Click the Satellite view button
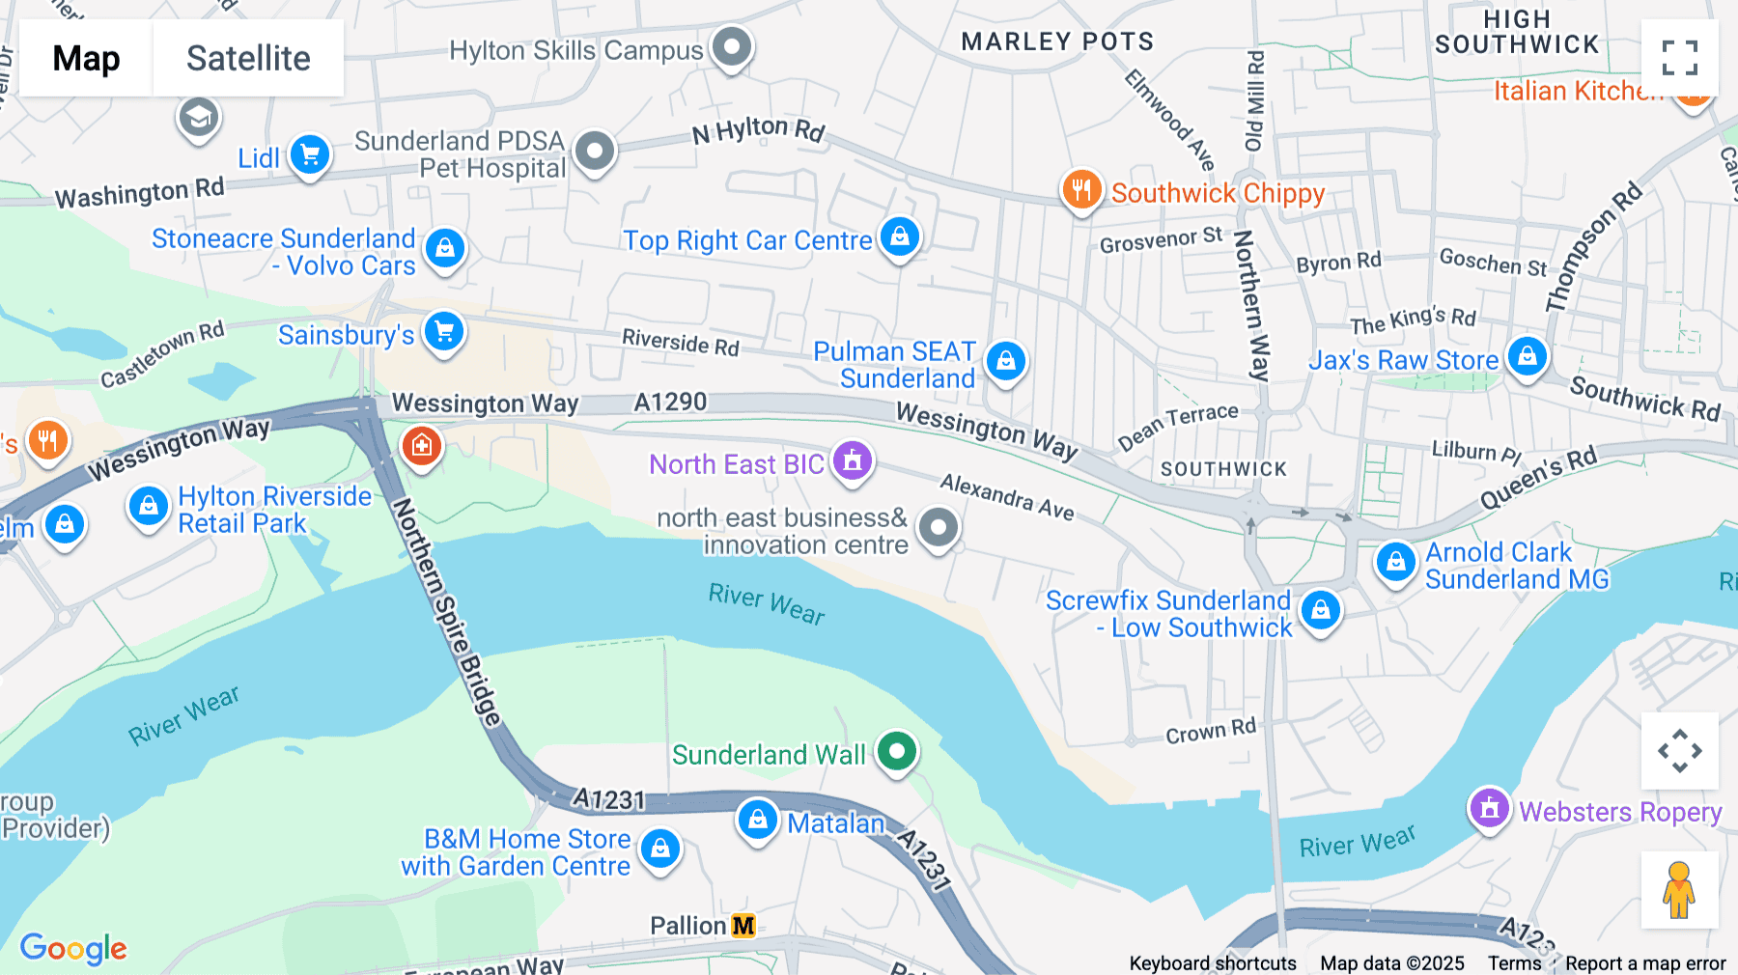click(x=248, y=58)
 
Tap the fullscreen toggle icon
click(x=1679, y=58)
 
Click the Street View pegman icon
click(x=1679, y=890)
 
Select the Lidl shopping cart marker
click(x=310, y=154)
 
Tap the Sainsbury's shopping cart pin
click(x=444, y=332)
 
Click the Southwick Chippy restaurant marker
click(x=1081, y=190)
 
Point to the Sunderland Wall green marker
click(x=897, y=751)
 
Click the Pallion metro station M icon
click(x=743, y=927)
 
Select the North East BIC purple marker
click(x=853, y=461)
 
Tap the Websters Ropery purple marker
click(x=1489, y=809)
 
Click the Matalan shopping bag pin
click(x=758, y=821)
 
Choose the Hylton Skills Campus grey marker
click(x=732, y=46)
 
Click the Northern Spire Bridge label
click(x=447, y=613)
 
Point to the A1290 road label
click(x=670, y=402)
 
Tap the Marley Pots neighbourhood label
click(x=1057, y=42)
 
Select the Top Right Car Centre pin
click(x=900, y=237)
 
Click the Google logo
click(x=73, y=948)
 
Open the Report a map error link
click(x=1645, y=963)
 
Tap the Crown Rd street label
click(x=1211, y=732)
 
